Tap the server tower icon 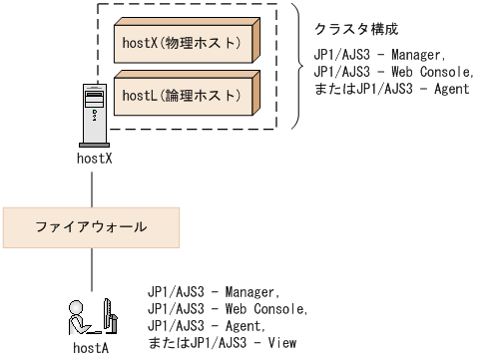click(x=92, y=116)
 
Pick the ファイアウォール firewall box click(x=91, y=227)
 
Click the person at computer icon click(x=91, y=316)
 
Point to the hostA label click(x=91, y=348)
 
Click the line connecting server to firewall click(x=92, y=185)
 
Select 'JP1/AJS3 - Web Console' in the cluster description click(x=389, y=72)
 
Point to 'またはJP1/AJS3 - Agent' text click(x=391, y=88)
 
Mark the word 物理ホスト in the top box click(x=209, y=42)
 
